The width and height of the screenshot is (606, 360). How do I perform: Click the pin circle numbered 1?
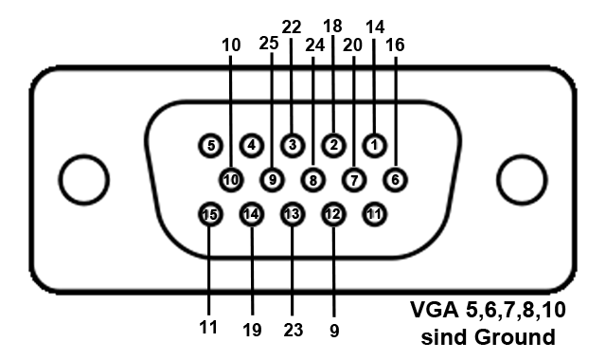point(374,145)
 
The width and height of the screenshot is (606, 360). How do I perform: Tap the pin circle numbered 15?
point(209,215)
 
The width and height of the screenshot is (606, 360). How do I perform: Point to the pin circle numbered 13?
point(292,215)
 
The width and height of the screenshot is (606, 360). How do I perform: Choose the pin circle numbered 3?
point(293,145)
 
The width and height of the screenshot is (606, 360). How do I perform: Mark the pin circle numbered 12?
point(333,215)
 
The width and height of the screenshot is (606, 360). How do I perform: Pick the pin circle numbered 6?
point(395,178)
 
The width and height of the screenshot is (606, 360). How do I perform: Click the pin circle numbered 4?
point(251,145)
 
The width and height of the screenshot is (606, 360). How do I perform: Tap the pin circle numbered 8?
point(312,178)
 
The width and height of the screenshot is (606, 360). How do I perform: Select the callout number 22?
point(292,27)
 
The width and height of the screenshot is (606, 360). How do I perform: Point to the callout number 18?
point(333,27)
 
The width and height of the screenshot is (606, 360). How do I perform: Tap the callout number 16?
point(395,45)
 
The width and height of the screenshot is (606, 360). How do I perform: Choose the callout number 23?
point(292,332)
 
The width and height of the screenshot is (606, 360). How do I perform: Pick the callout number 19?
point(251,332)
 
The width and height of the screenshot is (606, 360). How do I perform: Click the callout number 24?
point(313,45)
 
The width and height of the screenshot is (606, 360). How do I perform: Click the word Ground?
point(516,336)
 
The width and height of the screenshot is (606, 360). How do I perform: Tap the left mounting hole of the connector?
point(82,178)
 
